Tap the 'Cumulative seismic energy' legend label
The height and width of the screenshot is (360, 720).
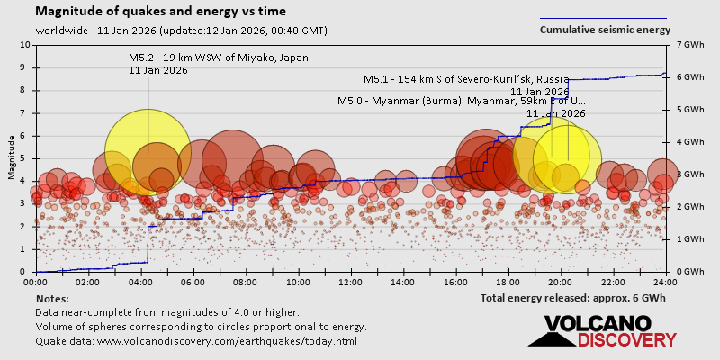click(x=604, y=29)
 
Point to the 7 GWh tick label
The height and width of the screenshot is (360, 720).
click(x=688, y=44)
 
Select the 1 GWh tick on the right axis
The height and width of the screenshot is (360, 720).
click(x=688, y=239)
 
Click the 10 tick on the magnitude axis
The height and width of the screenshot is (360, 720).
click(x=25, y=44)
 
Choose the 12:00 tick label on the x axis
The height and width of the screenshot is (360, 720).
click(x=351, y=282)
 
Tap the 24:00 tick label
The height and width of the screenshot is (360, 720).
click(x=665, y=282)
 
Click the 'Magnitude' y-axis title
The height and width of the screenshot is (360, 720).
click(x=11, y=158)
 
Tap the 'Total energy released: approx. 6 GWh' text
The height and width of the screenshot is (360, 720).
click(x=573, y=298)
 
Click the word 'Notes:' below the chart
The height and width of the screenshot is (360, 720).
click(x=53, y=298)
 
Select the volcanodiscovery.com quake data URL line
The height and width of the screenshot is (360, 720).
click(x=196, y=341)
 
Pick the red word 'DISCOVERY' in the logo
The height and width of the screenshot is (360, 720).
click(x=626, y=339)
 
